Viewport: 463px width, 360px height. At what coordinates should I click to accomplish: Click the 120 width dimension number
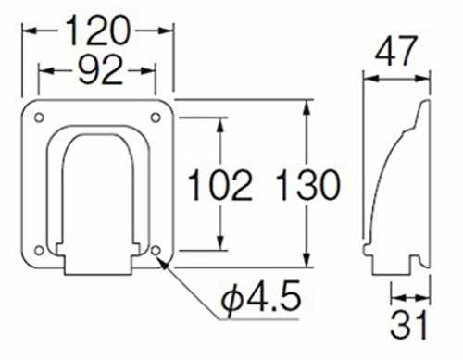pos(98,31)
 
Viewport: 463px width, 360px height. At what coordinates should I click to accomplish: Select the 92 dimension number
pos(101,71)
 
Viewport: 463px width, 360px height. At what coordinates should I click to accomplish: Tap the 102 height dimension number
pos(219,185)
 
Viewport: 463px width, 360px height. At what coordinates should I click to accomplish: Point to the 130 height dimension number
pos(308,185)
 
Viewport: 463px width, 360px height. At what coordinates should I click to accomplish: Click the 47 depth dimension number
pos(396,51)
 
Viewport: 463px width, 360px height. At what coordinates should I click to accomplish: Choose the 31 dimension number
pos(409,325)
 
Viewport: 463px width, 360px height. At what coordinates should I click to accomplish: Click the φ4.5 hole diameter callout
pos(261,298)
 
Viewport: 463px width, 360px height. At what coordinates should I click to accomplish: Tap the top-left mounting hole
pos(39,118)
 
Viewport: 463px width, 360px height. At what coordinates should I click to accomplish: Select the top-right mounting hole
pos(156,118)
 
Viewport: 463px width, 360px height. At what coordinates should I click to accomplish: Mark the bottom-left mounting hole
pos(39,251)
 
